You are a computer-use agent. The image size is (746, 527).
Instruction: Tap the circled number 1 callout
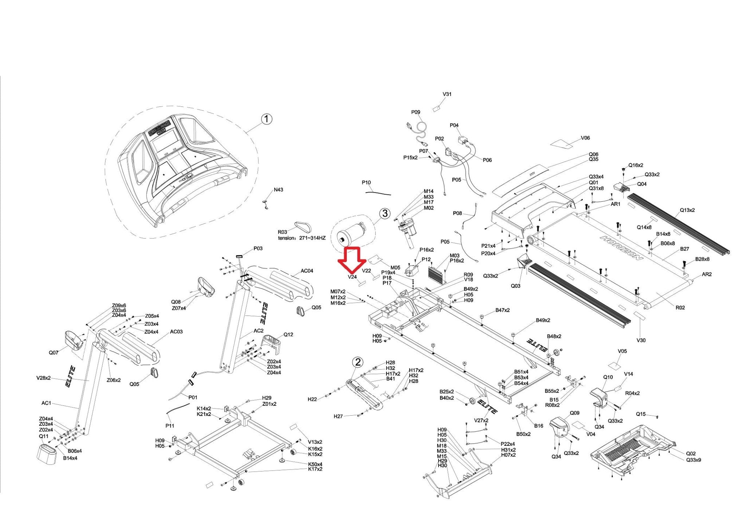[267, 119]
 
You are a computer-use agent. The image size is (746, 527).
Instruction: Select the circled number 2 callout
[358, 362]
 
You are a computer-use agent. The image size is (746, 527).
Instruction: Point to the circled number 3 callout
[385, 213]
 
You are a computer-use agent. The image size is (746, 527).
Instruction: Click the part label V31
[447, 94]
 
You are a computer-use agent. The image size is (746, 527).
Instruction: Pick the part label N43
[278, 190]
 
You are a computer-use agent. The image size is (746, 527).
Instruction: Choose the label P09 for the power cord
[416, 112]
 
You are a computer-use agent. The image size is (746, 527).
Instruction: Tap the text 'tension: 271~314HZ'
[302, 238]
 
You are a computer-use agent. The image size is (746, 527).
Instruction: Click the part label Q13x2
[687, 210]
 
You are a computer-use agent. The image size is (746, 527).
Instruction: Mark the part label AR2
[706, 274]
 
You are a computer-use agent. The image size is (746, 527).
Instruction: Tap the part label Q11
[43, 436]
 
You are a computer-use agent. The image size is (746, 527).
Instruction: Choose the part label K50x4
[315, 464]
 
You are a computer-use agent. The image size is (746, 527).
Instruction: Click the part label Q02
[691, 453]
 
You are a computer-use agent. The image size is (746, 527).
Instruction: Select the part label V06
[585, 138]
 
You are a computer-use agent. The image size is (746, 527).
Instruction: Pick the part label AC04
[307, 271]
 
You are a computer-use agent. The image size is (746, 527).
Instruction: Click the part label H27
[338, 416]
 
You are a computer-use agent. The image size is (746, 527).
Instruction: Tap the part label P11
[170, 425]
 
